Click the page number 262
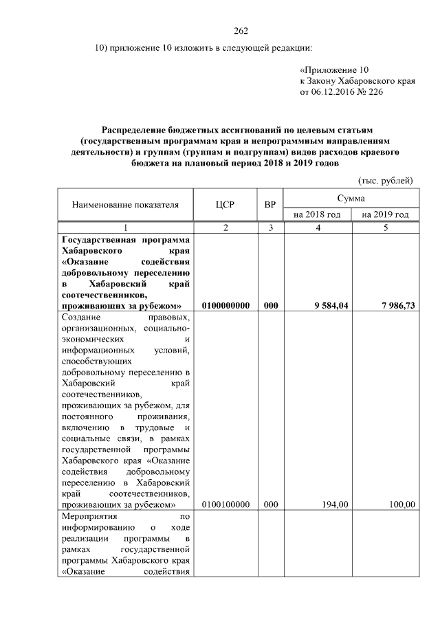(x=240, y=31)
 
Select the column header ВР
(x=270, y=204)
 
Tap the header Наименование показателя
(x=125, y=204)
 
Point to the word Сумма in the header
(x=351, y=198)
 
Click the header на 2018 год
(x=317, y=215)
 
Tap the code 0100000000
(x=226, y=305)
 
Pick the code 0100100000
(x=226, y=504)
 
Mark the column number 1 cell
(x=125, y=227)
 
